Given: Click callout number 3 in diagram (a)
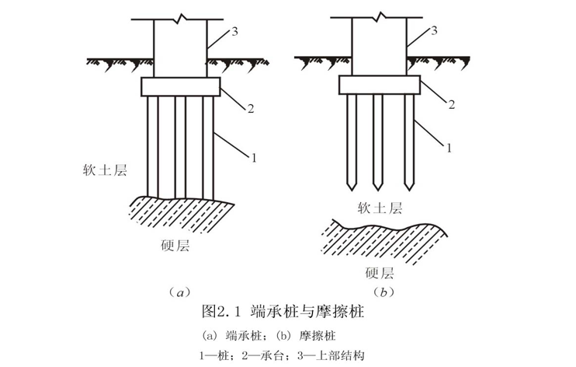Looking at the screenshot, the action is (x=234, y=32).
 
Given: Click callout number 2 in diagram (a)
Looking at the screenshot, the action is (x=251, y=109).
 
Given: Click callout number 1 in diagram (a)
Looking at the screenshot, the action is (x=254, y=158).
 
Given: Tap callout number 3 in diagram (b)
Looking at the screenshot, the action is (x=434, y=30).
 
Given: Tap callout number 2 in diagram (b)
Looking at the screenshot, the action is (x=451, y=104).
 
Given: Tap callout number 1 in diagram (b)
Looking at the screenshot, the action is (x=449, y=148).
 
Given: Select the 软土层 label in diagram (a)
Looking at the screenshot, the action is (x=105, y=170).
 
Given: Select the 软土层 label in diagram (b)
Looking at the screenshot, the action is (x=380, y=208).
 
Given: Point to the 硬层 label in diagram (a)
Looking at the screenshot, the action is (x=175, y=245).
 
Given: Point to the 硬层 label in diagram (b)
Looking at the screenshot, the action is (x=380, y=273).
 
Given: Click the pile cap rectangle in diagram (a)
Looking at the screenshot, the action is (x=180, y=87).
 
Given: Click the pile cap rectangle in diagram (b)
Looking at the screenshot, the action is (x=380, y=85).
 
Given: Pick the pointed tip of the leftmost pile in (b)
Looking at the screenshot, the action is (x=352, y=190).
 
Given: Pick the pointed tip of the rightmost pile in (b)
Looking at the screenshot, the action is (x=409, y=190).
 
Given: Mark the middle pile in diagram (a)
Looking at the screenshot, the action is (x=180, y=146).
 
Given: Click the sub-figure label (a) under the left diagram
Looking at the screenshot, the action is (x=179, y=292).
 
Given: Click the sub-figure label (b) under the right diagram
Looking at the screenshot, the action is (x=384, y=292).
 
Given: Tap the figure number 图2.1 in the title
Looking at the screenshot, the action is (x=220, y=312).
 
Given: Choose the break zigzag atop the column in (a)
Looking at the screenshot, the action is (x=180, y=18).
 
